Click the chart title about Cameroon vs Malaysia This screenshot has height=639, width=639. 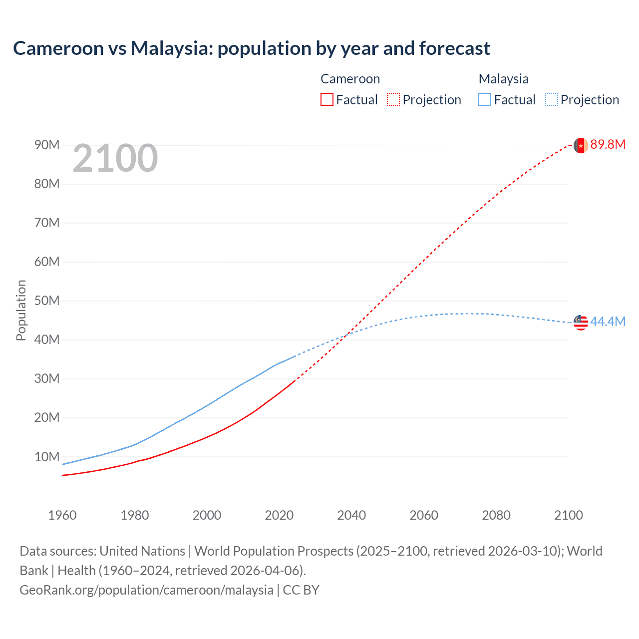tap(252, 48)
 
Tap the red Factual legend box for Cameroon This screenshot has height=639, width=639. tap(326, 100)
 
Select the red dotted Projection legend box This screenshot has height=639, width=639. tap(393, 100)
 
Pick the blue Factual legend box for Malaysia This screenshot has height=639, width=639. tap(485, 100)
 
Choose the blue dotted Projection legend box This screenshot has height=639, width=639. tap(552, 100)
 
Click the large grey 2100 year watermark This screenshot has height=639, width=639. tap(115, 159)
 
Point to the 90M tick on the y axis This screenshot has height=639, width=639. tap(47, 145)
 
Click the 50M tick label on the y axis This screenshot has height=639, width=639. tap(47, 301)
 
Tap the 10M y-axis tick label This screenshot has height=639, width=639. tap(47, 457)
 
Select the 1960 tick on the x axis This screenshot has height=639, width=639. tap(62, 515)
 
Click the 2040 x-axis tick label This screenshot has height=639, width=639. tap(351, 515)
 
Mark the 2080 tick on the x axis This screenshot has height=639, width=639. tap(496, 515)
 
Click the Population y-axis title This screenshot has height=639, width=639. tap(21, 310)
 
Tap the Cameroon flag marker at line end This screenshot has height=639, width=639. tap(581, 145)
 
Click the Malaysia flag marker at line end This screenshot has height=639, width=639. tap(581, 322)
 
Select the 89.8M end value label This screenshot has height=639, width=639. tap(608, 145)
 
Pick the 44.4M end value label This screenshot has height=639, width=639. tap(608, 322)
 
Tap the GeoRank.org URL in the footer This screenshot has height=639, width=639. tap(146, 590)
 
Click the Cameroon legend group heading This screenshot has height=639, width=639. tap(350, 79)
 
